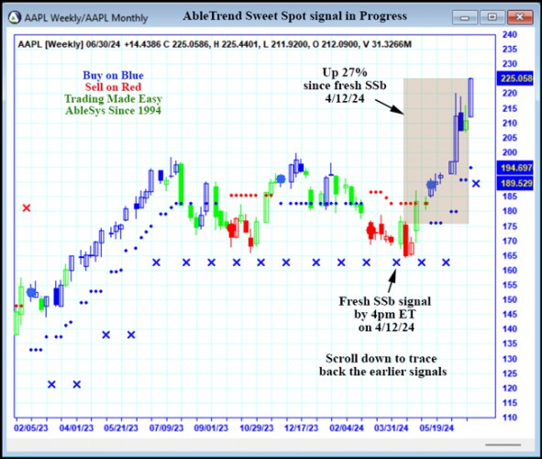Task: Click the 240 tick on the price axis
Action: (x=510, y=35)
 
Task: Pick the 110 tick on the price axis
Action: (x=510, y=417)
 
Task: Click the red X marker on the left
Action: (x=26, y=207)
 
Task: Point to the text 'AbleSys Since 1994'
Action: (x=113, y=110)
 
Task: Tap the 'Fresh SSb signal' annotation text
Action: (x=385, y=300)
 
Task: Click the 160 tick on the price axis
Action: (x=510, y=270)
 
